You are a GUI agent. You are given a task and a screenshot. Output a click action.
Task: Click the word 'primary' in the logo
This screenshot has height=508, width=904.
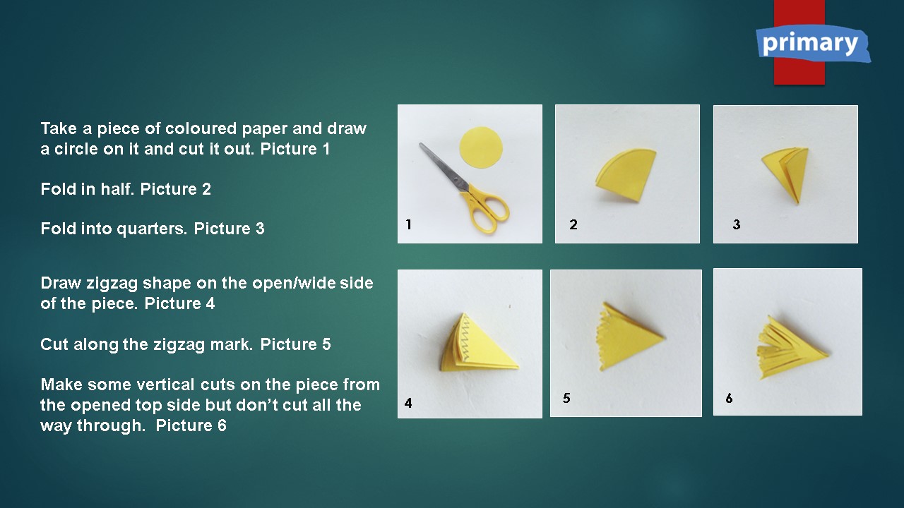click(810, 44)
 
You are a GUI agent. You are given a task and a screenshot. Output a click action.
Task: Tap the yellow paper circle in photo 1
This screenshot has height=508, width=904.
click(481, 147)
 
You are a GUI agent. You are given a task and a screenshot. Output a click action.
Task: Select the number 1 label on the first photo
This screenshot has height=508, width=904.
click(409, 224)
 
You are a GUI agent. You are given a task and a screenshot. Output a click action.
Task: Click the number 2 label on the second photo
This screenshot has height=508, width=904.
click(573, 224)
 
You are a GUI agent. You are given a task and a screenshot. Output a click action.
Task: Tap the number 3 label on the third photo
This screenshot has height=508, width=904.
click(737, 224)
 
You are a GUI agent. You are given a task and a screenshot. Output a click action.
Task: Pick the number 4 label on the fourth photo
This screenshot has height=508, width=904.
click(408, 403)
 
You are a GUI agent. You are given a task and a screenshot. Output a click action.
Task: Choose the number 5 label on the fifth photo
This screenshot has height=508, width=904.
click(566, 398)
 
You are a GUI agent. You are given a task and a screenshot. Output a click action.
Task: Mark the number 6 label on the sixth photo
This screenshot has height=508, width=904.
click(730, 399)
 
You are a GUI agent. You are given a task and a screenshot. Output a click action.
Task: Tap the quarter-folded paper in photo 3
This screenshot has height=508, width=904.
click(787, 174)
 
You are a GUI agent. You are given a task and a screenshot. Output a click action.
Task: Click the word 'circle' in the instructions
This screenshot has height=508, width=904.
click(77, 149)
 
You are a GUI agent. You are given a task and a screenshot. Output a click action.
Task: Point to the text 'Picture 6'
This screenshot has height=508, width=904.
click(191, 425)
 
